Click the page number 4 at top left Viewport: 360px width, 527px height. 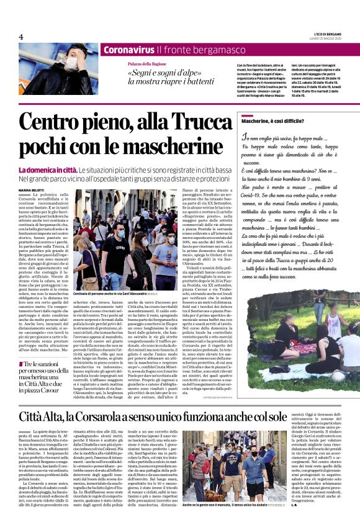[x=20, y=37]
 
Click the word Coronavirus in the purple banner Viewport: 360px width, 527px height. [x=128, y=50]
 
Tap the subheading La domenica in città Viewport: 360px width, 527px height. [x=43, y=170]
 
